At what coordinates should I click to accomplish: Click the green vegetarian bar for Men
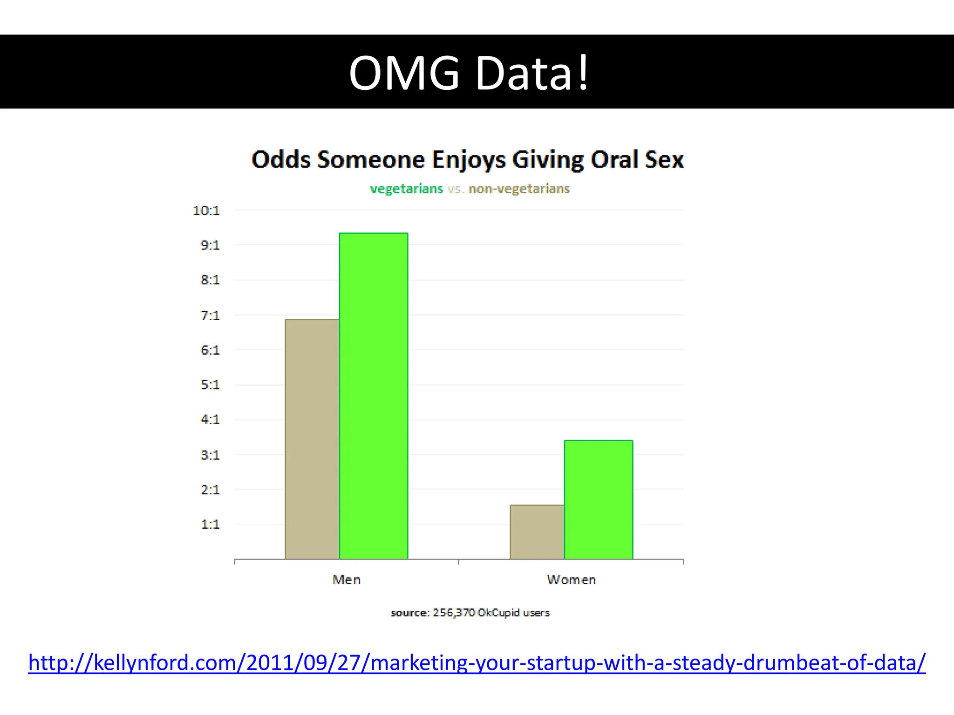coord(374,396)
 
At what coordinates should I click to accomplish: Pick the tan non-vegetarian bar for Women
coord(537,532)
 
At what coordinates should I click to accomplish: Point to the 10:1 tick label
coord(206,211)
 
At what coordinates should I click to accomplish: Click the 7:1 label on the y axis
coord(210,316)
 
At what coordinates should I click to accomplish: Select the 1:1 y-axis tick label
coord(210,525)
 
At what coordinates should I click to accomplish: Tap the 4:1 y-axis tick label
coord(210,420)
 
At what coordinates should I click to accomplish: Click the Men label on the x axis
coord(347,580)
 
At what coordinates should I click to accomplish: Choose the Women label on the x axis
coord(571,580)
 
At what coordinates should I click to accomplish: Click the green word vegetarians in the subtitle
coord(406,189)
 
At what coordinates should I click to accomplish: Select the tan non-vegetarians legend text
coord(519,189)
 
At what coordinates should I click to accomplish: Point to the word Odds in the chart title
coord(281,160)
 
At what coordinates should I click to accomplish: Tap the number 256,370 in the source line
coord(454,613)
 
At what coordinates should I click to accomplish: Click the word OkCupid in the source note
coord(498,613)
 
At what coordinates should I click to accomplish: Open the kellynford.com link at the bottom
coord(477,663)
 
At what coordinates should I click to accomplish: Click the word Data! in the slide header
coord(532,73)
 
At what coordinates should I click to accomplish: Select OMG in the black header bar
coord(404,73)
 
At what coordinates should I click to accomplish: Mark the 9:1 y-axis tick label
coord(210,245)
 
